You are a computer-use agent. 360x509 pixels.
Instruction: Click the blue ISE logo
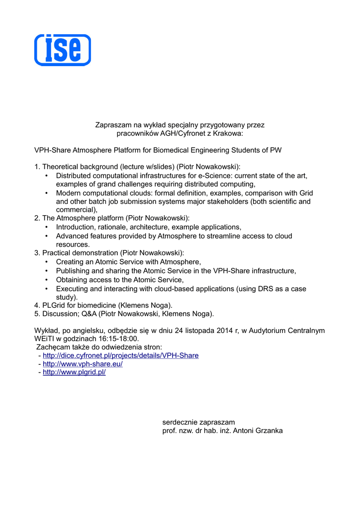pos(63,50)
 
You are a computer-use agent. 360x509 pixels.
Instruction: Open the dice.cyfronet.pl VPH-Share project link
pos(120,355)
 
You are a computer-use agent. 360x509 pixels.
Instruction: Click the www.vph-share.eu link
pos(83,364)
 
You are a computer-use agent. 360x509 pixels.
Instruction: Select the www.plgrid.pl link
pos(74,372)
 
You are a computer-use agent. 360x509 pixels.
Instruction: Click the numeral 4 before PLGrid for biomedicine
pos(36,305)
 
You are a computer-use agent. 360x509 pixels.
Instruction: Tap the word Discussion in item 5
pos(60,314)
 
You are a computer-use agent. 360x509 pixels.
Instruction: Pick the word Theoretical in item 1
pos(61,167)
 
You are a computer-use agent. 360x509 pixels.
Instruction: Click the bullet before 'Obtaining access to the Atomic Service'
pos(46,280)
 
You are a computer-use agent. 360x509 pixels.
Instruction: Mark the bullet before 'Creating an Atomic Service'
pos(46,262)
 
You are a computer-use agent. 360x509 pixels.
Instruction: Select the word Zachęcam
pos(53,347)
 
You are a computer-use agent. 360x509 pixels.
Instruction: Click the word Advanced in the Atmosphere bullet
pos(72,236)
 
